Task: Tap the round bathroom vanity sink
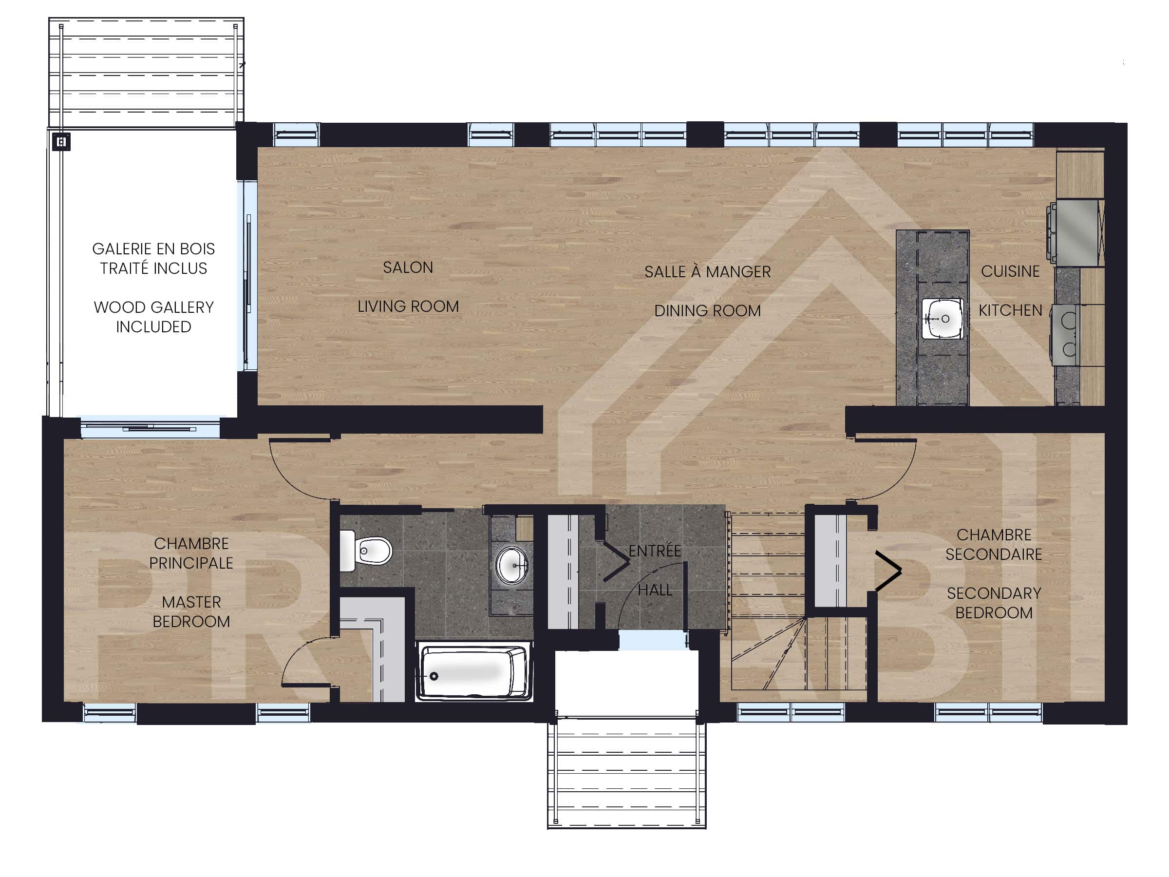pyautogui.click(x=511, y=565)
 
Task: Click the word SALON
pyautogui.click(x=408, y=267)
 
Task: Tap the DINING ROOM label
pyautogui.click(x=707, y=311)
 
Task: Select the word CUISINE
pyautogui.click(x=1010, y=271)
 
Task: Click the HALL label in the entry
pyautogui.click(x=655, y=590)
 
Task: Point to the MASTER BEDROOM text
pyautogui.click(x=191, y=611)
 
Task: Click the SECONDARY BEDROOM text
pyautogui.click(x=994, y=603)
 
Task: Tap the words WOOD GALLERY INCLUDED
pyautogui.click(x=153, y=317)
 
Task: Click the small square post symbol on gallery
pyautogui.click(x=61, y=142)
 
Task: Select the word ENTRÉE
pyautogui.click(x=654, y=551)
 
